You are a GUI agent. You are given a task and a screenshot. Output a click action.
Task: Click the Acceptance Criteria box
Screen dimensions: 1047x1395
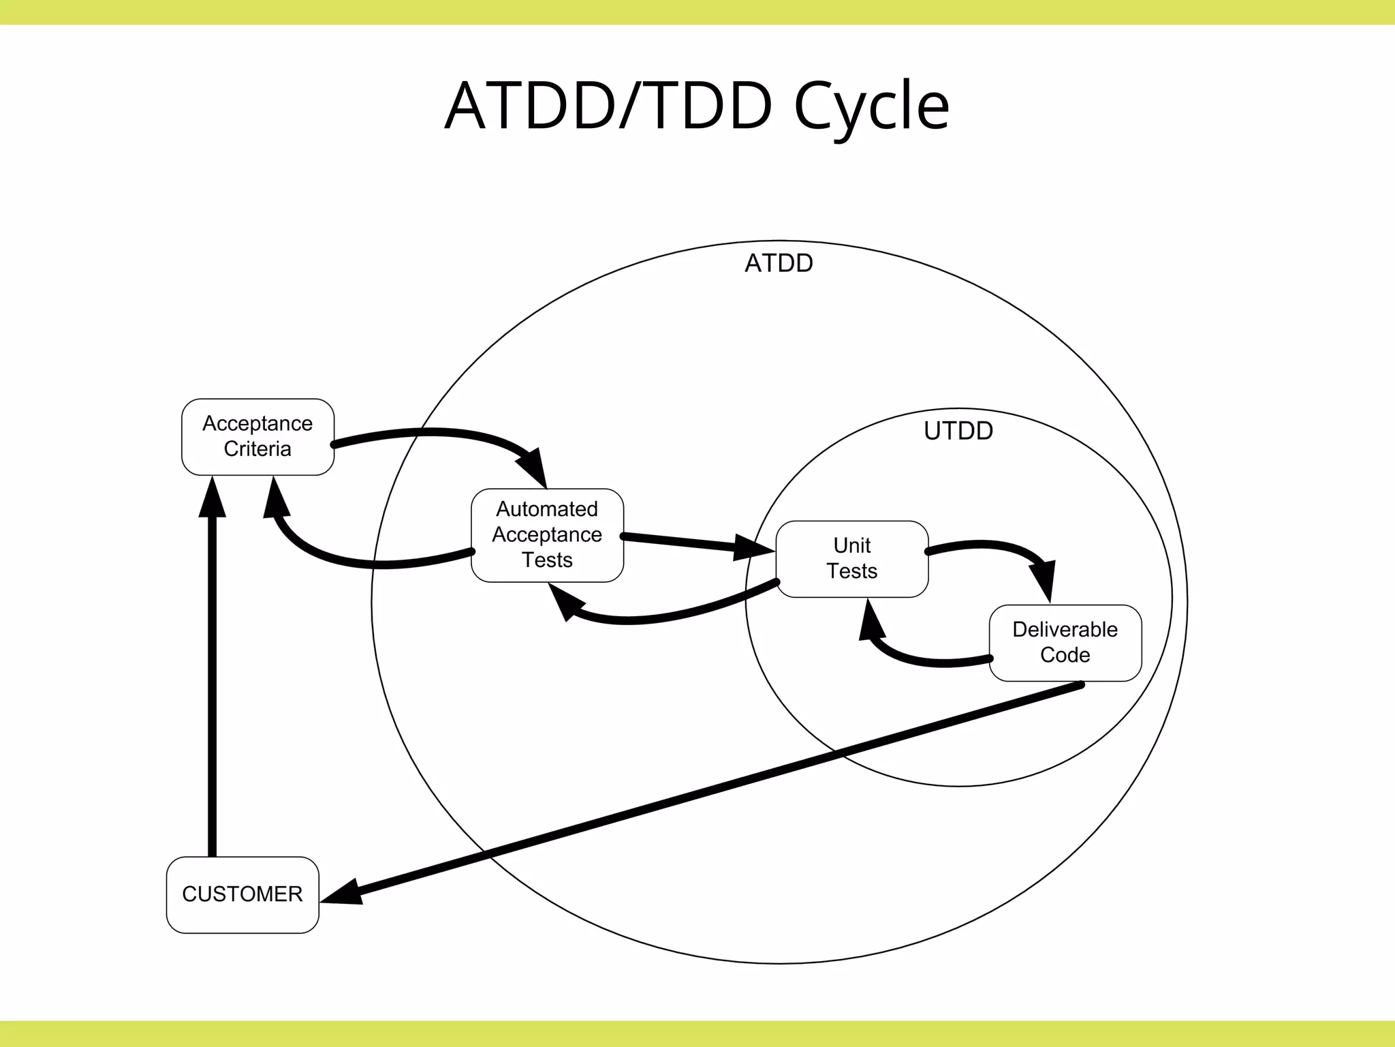coord(257,437)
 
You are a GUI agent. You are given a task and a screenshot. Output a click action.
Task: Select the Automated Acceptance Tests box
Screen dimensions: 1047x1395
coord(547,535)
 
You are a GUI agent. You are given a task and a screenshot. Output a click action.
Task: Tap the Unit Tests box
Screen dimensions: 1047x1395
coord(851,559)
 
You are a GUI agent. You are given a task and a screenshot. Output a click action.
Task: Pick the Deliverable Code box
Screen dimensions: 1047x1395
coord(1065,643)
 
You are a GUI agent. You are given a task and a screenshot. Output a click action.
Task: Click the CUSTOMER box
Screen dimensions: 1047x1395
coord(242,894)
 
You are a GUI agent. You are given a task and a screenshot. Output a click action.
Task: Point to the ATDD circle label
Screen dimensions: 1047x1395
coord(779,263)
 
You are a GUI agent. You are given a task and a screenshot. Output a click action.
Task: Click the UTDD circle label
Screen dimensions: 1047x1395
coord(958,431)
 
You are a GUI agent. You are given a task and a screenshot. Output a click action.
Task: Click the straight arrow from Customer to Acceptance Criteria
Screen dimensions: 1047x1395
coord(213,682)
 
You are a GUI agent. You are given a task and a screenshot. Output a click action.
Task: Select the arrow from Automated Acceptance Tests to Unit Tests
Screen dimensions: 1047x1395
coord(688,542)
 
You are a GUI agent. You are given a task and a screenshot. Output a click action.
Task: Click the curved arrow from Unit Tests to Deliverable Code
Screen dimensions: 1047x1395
coord(994,545)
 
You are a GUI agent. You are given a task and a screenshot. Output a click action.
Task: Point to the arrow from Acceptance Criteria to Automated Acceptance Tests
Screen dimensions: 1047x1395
coord(436,431)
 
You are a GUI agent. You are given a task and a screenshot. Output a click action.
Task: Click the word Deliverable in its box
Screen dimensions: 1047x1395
coord(1065,629)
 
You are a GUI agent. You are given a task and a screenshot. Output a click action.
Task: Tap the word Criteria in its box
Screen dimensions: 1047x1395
coord(257,449)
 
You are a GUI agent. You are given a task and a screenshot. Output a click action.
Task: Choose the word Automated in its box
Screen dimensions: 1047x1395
coord(547,509)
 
